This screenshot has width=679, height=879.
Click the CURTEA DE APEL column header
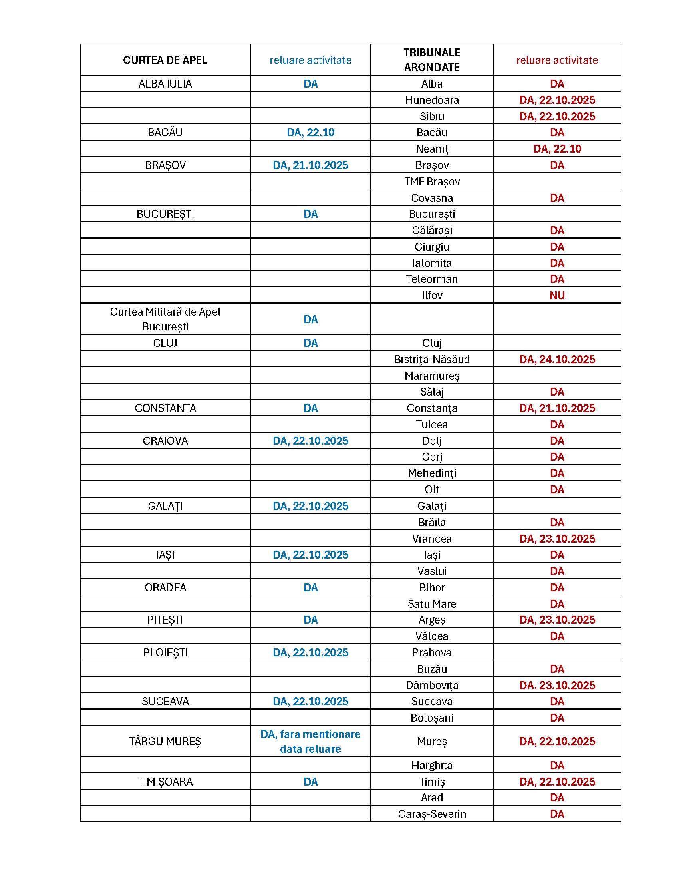coord(165,60)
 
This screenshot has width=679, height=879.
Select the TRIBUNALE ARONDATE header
coord(432,60)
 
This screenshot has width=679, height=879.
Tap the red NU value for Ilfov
coord(557,295)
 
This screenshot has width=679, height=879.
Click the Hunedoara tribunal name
coord(432,100)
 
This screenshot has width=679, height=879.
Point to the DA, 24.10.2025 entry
coord(557,359)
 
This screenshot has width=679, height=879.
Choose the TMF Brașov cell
coord(432,181)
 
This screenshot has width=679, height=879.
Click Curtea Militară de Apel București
coord(165,319)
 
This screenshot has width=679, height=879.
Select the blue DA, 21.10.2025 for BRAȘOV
coord(310,165)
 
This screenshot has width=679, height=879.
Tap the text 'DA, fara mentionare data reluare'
coord(310,741)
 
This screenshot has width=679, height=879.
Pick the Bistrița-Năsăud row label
coord(432,359)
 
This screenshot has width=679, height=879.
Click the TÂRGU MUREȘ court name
coord(165,741)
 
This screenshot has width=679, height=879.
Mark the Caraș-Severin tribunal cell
coord(432,814)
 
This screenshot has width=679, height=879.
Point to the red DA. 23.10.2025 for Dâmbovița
coord(557,685)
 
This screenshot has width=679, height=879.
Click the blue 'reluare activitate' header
coord(310,60)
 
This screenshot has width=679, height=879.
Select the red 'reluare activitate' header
coord(557,60)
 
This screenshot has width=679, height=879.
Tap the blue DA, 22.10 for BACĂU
coord(310,132)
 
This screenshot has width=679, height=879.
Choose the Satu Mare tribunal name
coord(432,604)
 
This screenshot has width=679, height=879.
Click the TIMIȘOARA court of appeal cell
coord(165,781)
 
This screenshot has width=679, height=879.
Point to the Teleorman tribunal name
coord(432,279)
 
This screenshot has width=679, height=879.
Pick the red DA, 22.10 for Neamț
coord(557,149)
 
